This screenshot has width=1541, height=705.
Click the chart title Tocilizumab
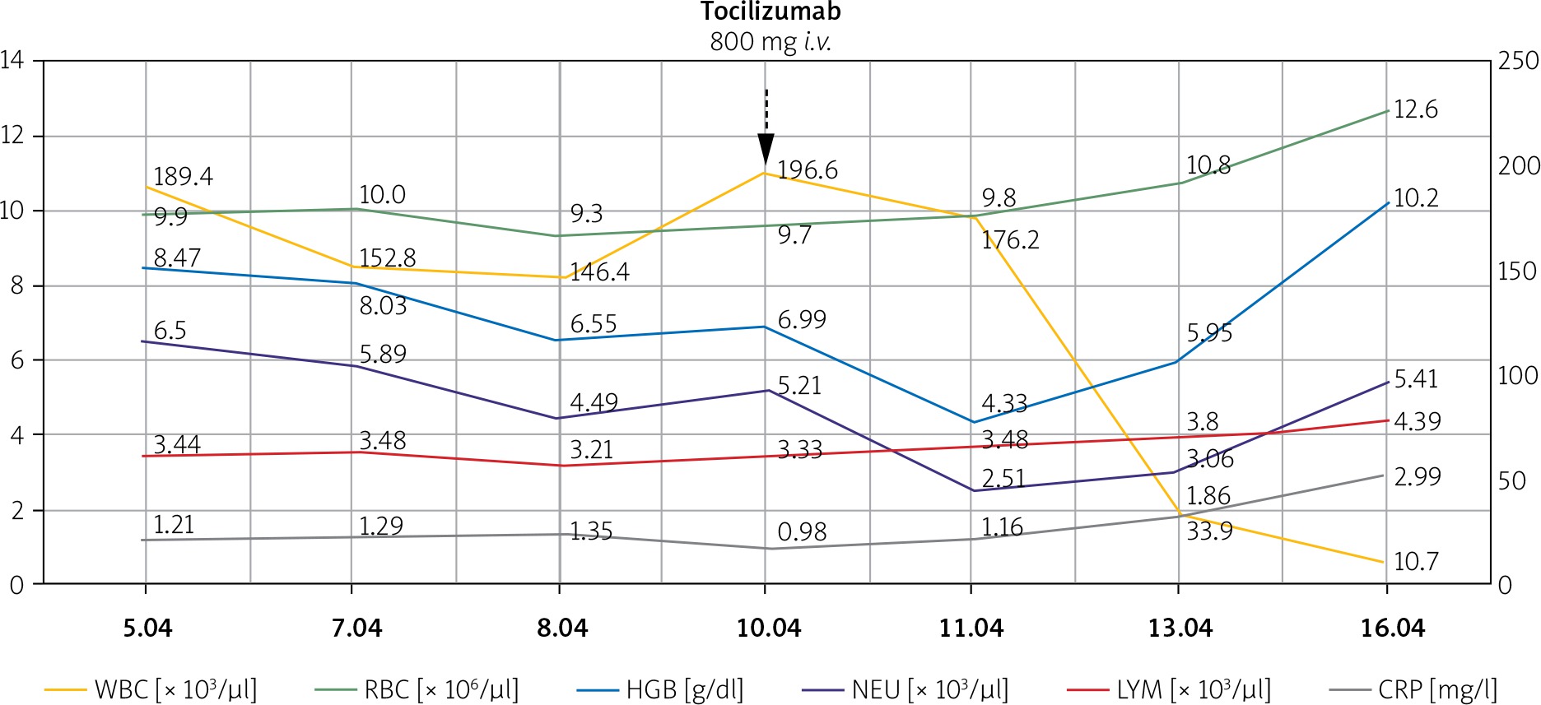[770, 12]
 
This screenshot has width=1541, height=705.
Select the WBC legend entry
[151, 689]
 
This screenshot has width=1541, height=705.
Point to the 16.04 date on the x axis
[1392, 628]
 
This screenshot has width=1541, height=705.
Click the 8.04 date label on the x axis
[562, 628]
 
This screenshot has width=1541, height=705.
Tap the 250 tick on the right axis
[1518, 61]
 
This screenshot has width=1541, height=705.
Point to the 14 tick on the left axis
[12, 60]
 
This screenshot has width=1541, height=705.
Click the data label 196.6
[807, 170]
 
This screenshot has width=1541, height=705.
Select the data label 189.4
[183, 177]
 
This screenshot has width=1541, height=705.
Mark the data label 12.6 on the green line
[1415, 109]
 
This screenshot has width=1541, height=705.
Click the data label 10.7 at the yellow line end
[1415, 562]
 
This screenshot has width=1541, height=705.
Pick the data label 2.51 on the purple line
[1003, 478]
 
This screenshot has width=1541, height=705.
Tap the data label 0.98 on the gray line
[801, 532]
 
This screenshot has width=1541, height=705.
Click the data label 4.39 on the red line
[1417, 422]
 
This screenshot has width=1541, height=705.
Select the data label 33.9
[1209, 531]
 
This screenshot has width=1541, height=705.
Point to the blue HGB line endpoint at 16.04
[1388, 202]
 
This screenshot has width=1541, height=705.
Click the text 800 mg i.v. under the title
[770, 41]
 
